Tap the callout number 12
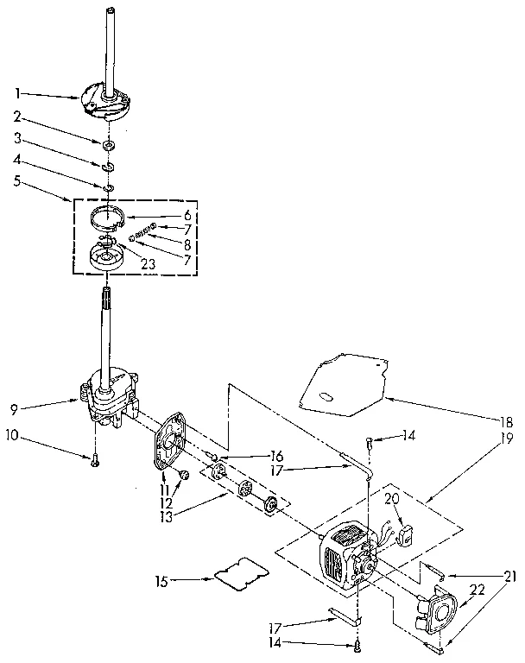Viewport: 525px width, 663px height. click(x=167, y=503)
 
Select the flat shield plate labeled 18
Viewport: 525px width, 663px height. click(x=341, y=381)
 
